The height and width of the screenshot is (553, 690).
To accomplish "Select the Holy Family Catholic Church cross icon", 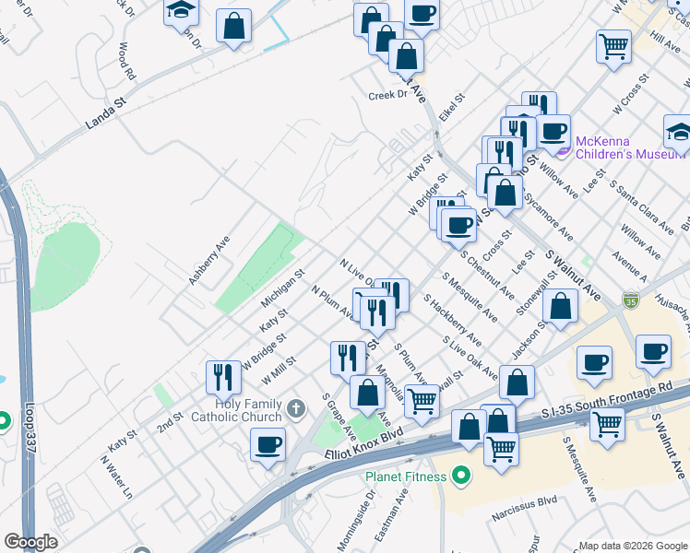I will pyautogui.click(x=295, y=407).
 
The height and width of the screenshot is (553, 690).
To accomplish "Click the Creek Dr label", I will pyautogui.click(x=387, y=95).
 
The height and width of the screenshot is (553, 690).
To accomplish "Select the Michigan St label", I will pyautogui.click(x=282, y=288).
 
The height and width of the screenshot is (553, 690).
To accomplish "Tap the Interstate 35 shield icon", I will pyautogui.click(x=630, y=300).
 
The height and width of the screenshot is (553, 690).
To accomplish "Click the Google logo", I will pyautogui.click(x=30, y=542).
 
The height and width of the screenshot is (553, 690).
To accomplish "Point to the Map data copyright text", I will pyautogui.click(x=633, y=545).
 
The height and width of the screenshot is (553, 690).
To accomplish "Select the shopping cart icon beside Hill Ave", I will pyautogui.click(x=613, y=45).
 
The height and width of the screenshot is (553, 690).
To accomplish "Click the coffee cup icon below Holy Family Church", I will pyautogui.click(x=268, y=444).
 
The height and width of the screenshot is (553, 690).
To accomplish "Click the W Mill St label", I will pyautogui.click(x=279, y=371).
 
